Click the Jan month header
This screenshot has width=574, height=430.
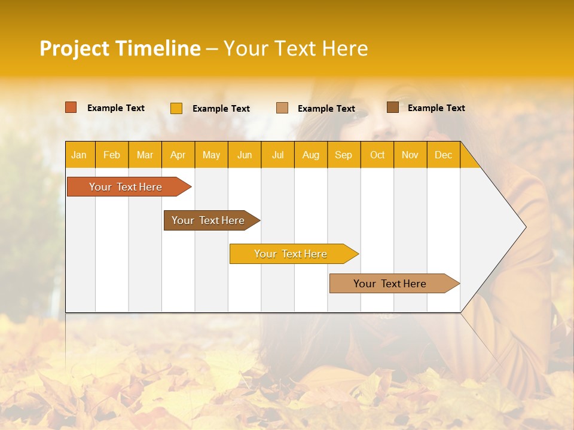(80, 155)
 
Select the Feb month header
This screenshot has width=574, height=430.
(112, 155)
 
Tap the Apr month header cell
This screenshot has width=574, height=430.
(178, 155)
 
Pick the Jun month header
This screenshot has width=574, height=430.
(245, 155)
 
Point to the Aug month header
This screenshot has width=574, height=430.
(311, 155)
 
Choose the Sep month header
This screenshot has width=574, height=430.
(344, 155)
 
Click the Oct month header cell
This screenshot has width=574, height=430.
(377, 155)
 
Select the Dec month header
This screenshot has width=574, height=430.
(444, 155)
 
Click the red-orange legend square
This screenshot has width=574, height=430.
(71, 107)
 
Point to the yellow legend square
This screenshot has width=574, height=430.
(176, 108)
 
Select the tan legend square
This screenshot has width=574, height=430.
(282, 108)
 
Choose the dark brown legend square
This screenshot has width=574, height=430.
(393, 107)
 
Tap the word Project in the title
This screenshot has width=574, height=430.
(75, 48)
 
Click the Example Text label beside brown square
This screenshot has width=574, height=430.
(436, 107)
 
